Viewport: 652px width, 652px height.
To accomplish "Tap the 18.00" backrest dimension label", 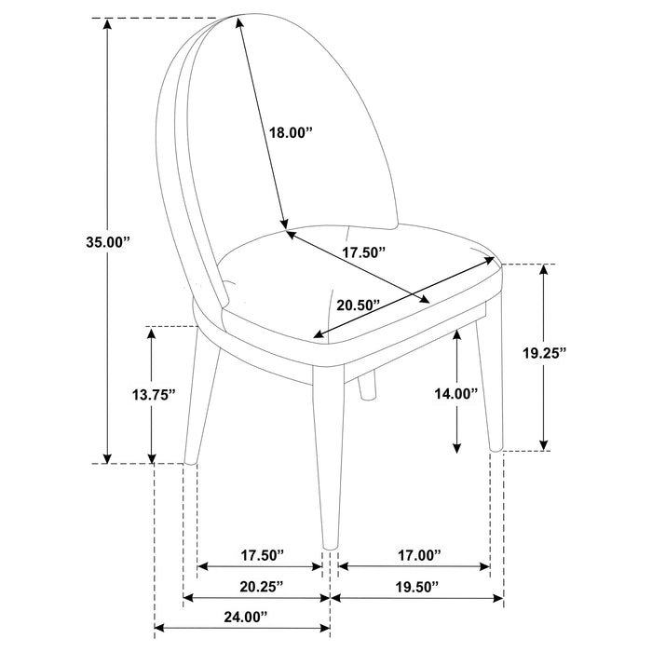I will [x=289, y=133].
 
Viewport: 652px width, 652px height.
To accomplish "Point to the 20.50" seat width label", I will [x=360, y=305].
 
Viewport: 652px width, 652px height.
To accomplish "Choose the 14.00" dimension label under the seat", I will [x=455, y=393].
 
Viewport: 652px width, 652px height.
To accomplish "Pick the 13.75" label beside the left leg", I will [x=151, y=395].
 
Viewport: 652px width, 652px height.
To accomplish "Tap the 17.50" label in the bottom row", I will [x=261, y=555].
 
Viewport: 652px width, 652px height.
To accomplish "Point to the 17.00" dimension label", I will [x=416, y=555].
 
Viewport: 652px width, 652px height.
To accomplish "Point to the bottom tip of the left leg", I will [x=191, y=460].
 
